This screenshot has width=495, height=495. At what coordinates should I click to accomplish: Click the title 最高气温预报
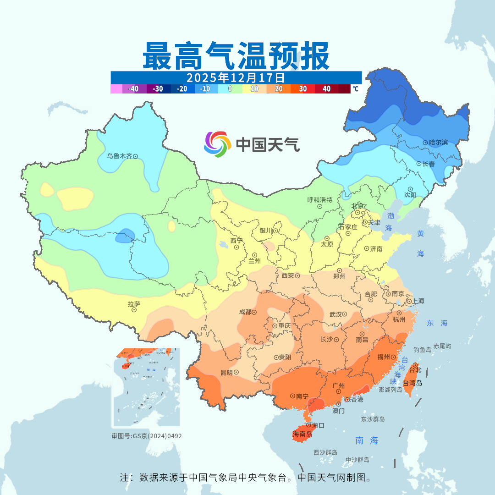236,55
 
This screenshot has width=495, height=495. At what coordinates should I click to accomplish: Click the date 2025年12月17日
236,77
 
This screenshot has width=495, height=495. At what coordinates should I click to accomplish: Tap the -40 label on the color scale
133,89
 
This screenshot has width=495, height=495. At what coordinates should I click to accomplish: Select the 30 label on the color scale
303,89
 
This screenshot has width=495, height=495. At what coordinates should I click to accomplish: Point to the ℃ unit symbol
355,89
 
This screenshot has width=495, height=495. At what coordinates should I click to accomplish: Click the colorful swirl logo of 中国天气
216,144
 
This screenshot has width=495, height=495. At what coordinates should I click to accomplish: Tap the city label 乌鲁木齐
119,156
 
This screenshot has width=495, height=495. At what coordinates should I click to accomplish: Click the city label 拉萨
134,303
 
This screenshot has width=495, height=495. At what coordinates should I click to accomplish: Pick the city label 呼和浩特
319,200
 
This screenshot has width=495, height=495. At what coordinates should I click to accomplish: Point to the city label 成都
245,312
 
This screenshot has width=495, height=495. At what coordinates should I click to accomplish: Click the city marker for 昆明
236,372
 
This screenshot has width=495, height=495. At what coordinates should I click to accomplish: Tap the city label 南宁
302,396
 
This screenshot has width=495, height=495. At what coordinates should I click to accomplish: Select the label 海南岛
302,434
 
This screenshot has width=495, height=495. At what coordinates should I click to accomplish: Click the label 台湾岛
412,383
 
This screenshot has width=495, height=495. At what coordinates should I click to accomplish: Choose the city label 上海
418,301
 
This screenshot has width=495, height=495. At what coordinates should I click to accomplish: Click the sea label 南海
367,440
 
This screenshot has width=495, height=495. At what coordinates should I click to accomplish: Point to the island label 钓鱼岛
422,350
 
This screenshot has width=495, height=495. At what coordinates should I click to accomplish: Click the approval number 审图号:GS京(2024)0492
147,436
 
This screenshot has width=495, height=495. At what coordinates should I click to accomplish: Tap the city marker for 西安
297,276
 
